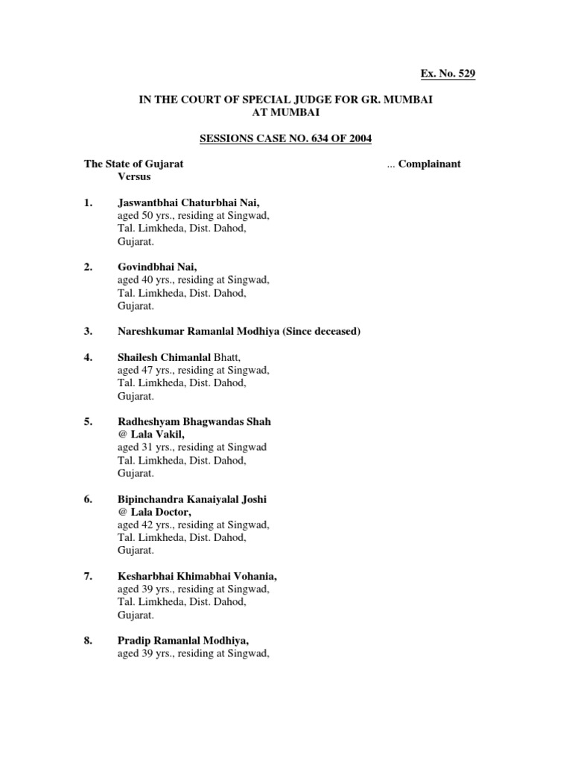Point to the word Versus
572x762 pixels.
(134, 176)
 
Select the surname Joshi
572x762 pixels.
(252, 499)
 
